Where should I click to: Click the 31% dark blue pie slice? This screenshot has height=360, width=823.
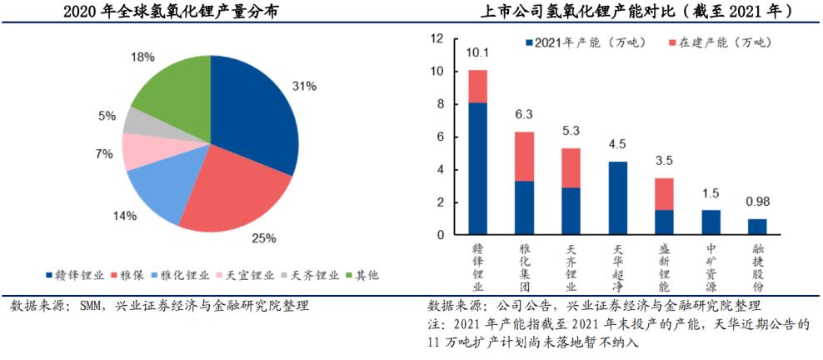254,117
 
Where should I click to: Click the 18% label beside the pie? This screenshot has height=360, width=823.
142,57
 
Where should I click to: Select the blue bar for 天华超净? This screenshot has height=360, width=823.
618,198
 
